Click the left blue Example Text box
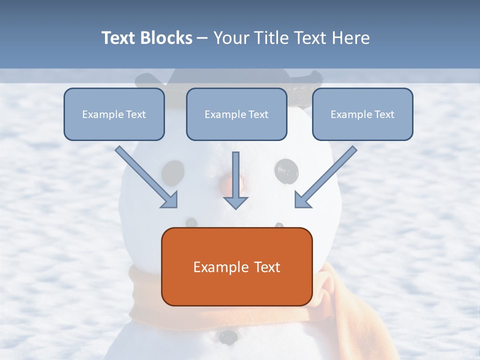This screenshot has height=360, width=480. click(114, 114)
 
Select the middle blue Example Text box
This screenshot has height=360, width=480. click(236, 114)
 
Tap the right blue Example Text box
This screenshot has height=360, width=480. click(362, 114)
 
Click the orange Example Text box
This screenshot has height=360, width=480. click(236, 266)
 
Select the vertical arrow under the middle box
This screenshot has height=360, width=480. click(235, 180)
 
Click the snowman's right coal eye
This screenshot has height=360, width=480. click(286, 170)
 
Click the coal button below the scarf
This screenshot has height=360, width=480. click(228, 336)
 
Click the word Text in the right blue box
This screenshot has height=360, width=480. click(384, 114)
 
